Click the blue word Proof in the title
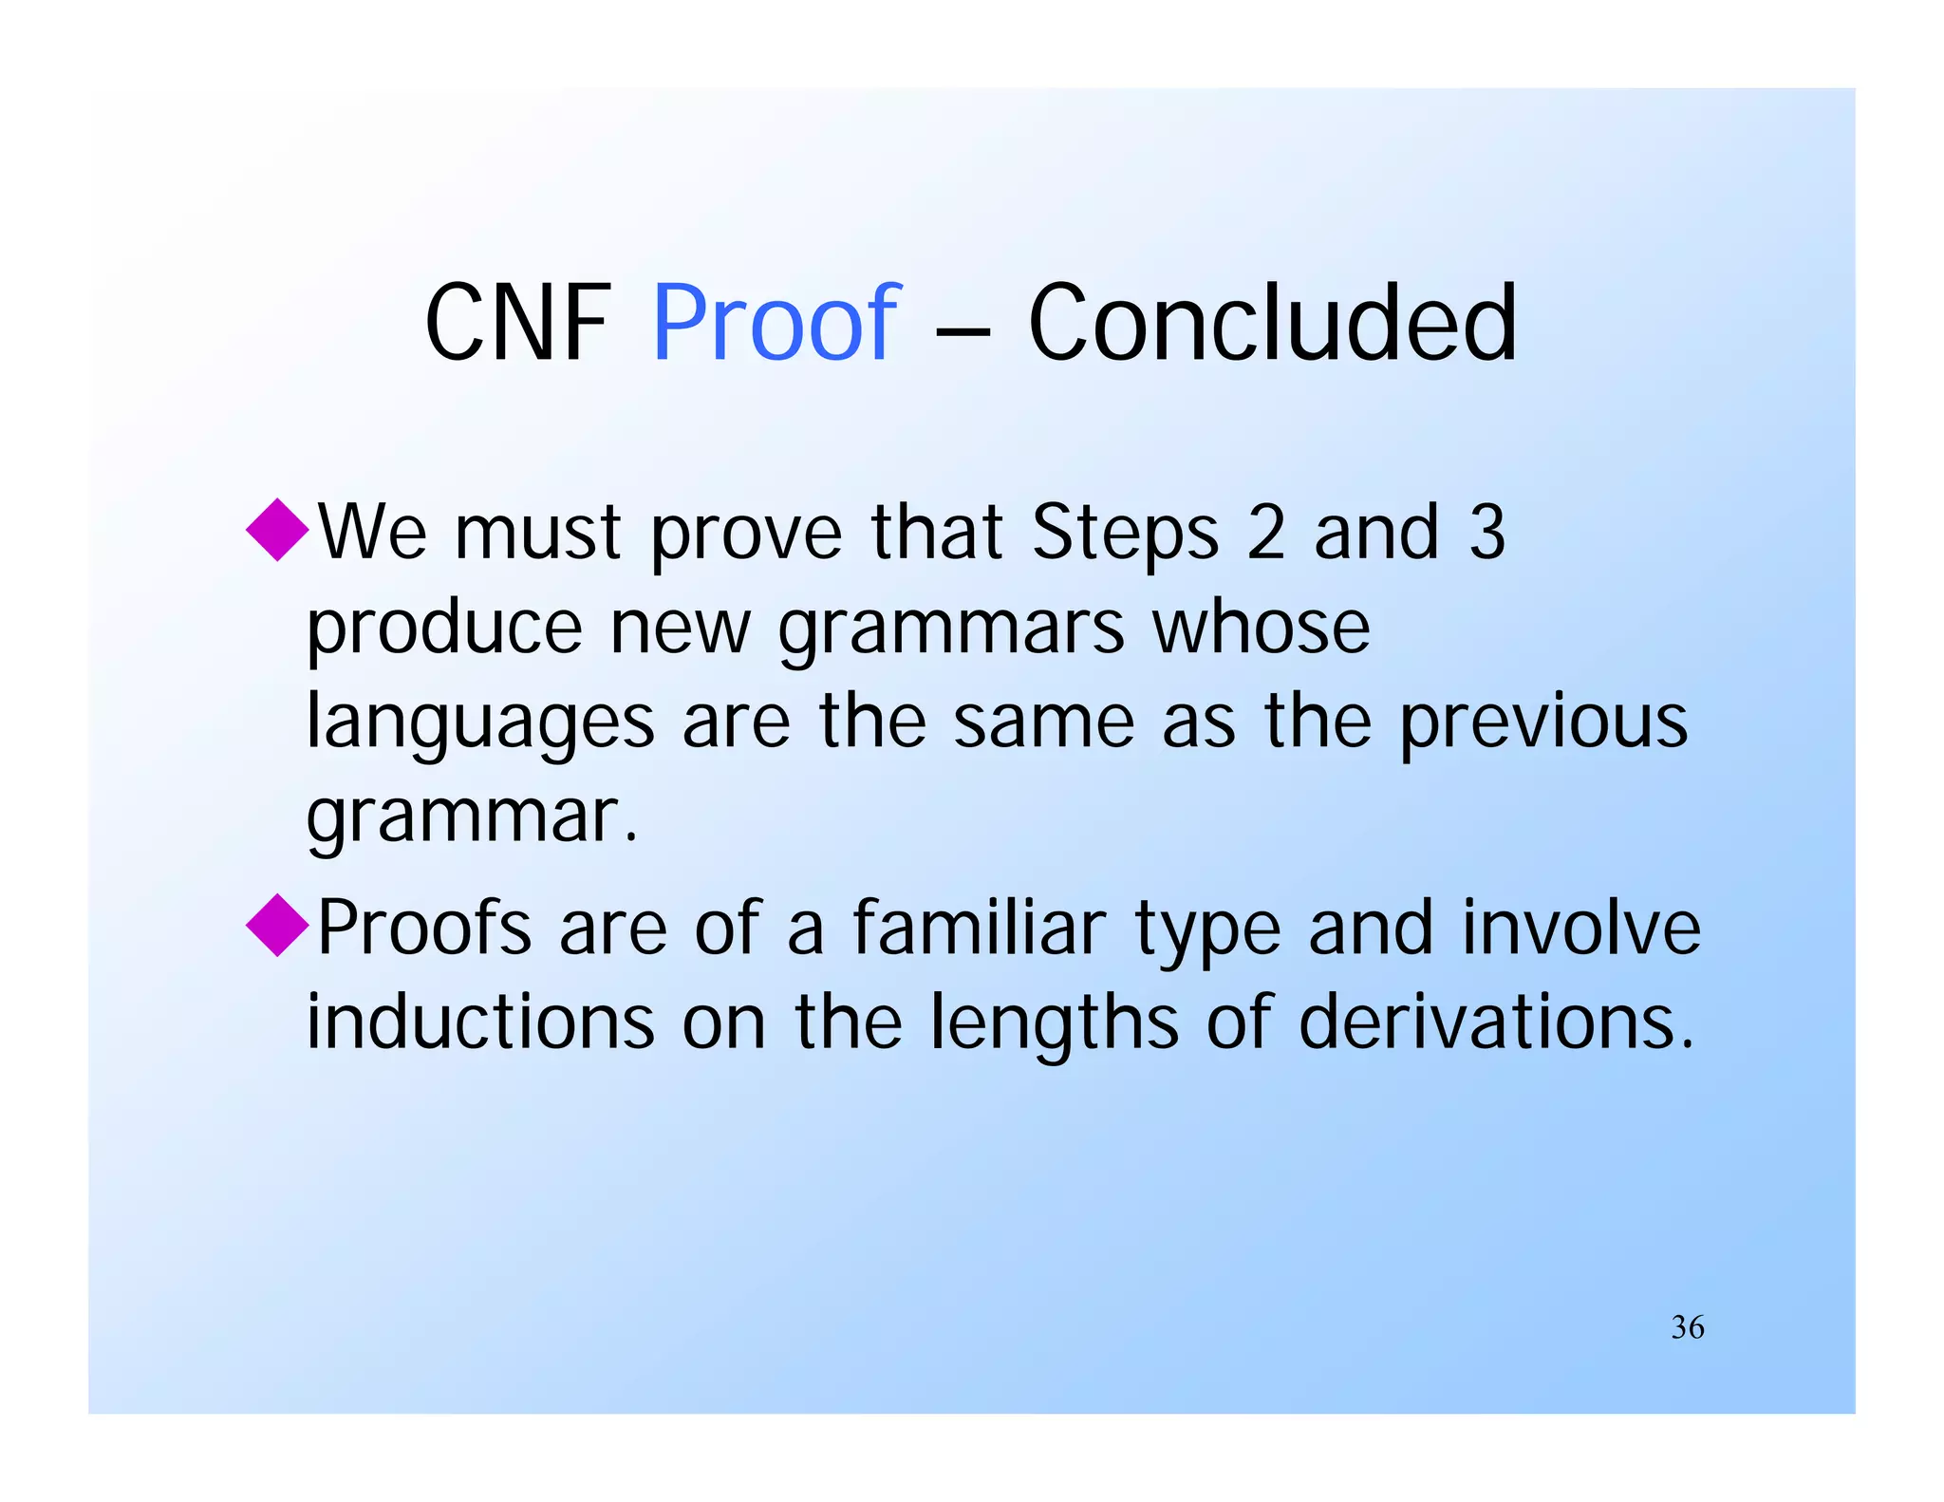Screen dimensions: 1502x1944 point(776,324)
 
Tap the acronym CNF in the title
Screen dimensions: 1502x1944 point(518,324)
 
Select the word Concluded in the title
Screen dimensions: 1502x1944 point(1272,324)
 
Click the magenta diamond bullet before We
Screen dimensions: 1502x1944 point(277,529)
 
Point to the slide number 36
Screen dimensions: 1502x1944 point(1688,1326)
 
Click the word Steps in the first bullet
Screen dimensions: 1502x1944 point(1124,534)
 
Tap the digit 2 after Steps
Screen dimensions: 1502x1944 point(1266,532)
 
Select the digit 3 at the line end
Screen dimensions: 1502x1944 point(1486,532)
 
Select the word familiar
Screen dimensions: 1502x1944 point(979,928)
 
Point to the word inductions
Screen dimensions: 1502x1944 point(480,1023)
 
